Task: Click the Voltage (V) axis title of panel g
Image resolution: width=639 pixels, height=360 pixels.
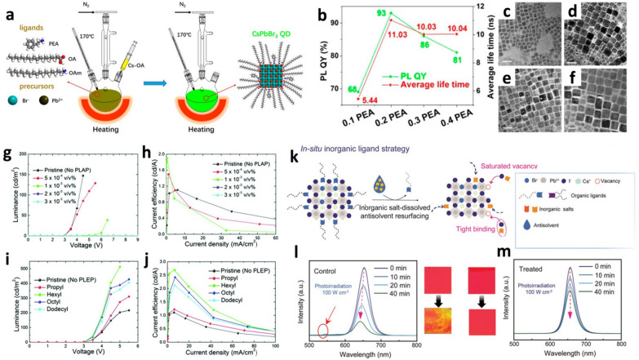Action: pos(80,241)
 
